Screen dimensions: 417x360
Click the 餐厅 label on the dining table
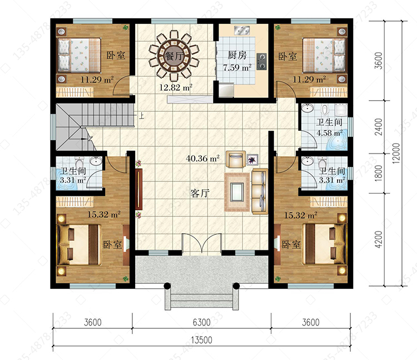[x=175, y=56]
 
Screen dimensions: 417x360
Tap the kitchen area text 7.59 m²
[x=237, y=67]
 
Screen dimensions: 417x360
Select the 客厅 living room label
[x=200, y=194]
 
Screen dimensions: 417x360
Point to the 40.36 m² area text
[x=202, y=159]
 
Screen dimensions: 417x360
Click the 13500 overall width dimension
[x=201, y=340]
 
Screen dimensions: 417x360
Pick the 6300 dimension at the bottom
[x=201, y=323]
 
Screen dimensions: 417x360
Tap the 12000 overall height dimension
[x=396, y=153]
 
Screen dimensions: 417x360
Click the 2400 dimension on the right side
[x=378, y=127]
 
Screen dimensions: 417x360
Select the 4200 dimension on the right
[x=378, y=239]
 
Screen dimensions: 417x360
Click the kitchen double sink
[x=242, y=31]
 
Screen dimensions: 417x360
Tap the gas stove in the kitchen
[x=261, y=62]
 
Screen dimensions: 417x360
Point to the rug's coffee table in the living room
[x=237, y=192]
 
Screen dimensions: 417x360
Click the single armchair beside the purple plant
[x=236, y=159]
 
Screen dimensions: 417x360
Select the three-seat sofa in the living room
[x=260, y=191]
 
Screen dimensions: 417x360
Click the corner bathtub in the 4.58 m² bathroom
[x=337, y=140]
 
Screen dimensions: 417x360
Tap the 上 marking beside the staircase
[x=142, y=116]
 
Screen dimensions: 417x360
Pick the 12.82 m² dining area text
[x=176, y=87]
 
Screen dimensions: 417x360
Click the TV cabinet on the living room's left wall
[x=138, y=189]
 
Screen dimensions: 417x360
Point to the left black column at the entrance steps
[x=167, y=286]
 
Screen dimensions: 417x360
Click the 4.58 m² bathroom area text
[x=330, y=133]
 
